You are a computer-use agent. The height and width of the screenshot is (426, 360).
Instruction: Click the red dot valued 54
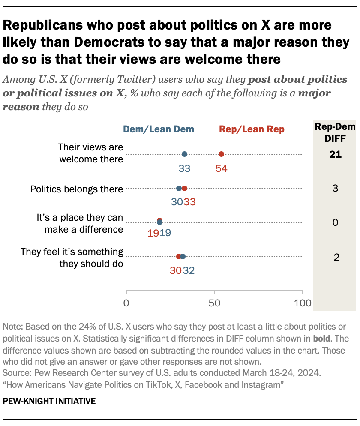coord(221,154)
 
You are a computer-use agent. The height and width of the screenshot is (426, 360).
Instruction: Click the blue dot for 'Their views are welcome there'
coord(184,154)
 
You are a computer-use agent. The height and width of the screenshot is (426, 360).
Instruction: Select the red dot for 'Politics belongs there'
coord(184,188)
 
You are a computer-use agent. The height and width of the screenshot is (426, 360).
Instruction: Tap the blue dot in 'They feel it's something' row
coord(183,257)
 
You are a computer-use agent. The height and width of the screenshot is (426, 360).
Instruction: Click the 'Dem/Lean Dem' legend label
coord(159,129)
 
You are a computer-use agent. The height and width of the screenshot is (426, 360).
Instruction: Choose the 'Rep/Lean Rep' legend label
coord(252,129)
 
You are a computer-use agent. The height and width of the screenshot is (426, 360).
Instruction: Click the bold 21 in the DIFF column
coord(335,154)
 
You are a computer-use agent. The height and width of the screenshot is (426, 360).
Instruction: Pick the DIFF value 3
coord(335,188)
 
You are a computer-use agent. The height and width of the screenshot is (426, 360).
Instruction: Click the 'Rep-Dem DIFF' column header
coord(335,132)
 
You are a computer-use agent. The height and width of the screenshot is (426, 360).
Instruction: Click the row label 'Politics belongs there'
coord(77,189)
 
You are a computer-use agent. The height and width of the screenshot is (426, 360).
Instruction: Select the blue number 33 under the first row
coord(184,168)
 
